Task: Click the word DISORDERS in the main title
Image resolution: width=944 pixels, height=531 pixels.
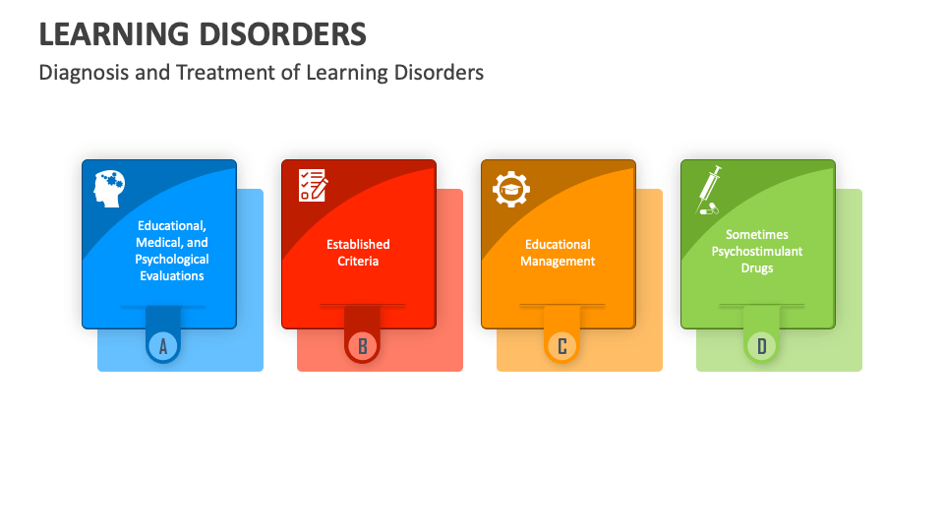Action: pyautogui.click(x=284, y=33)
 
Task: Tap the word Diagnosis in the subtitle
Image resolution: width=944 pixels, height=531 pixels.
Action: pyautogui.click(x=85, y=73)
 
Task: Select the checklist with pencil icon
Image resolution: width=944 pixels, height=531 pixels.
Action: pyautogui.click(x=313, y=185)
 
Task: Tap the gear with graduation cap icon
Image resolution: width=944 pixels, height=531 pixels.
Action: pyautogui.click(x=511, y=189)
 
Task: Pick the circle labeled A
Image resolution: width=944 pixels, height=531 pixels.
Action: pyautogui.click(x=163, y=345)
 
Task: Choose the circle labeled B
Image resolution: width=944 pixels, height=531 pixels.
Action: pyautogui.click(x=363, y=345)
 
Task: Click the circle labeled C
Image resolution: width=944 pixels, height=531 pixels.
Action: pyautogui.click(x=562, y=345)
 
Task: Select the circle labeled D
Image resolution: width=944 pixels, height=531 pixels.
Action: pyautogui.click(x=761, y=345)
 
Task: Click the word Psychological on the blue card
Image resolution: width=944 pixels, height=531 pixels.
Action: pyautogui.click(x=172, y=260)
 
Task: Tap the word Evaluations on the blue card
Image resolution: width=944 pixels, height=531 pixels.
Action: pyautogui.click(x=171, y=276)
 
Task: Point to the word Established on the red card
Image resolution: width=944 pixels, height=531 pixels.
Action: pyautogui.click(x=358, y=244)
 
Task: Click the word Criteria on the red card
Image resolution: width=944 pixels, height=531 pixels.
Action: pyautogui.click(x=358, y=261)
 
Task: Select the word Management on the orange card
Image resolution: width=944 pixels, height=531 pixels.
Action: pyautogui.click(x=558, y=261)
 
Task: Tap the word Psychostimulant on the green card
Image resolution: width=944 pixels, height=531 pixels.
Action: pyautogui.click(x=757, y=251)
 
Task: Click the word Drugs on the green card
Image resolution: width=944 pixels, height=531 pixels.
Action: pyautogui.click(x=757, y=267)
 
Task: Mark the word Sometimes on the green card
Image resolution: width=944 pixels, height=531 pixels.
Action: pyautogui.click(x=757, y=234)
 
